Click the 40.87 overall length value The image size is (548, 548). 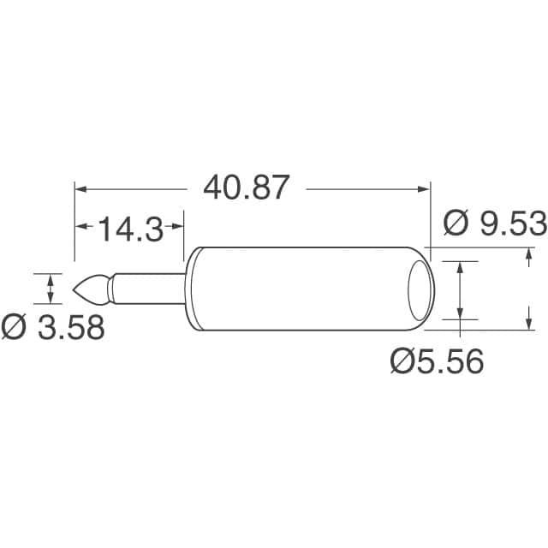point(247,187)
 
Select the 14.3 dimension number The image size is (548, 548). point(129,229)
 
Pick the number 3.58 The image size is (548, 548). point(70,327)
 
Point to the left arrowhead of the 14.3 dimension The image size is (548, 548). point(82,227)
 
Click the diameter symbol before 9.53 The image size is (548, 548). point(456,223)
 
